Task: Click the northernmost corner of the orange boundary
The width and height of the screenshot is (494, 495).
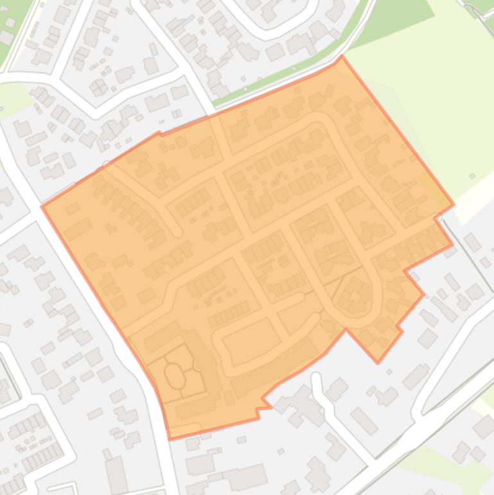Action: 342,56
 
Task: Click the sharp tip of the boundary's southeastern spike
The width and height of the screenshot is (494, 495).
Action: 378,363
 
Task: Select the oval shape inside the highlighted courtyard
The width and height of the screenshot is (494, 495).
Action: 173,375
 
